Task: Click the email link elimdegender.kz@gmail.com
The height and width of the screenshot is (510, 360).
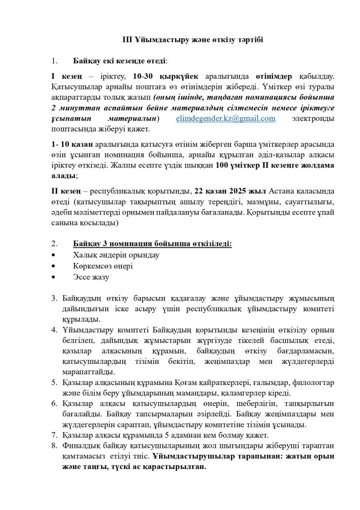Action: tap(226, 118)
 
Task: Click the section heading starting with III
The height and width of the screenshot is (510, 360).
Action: tap(179, 39)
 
